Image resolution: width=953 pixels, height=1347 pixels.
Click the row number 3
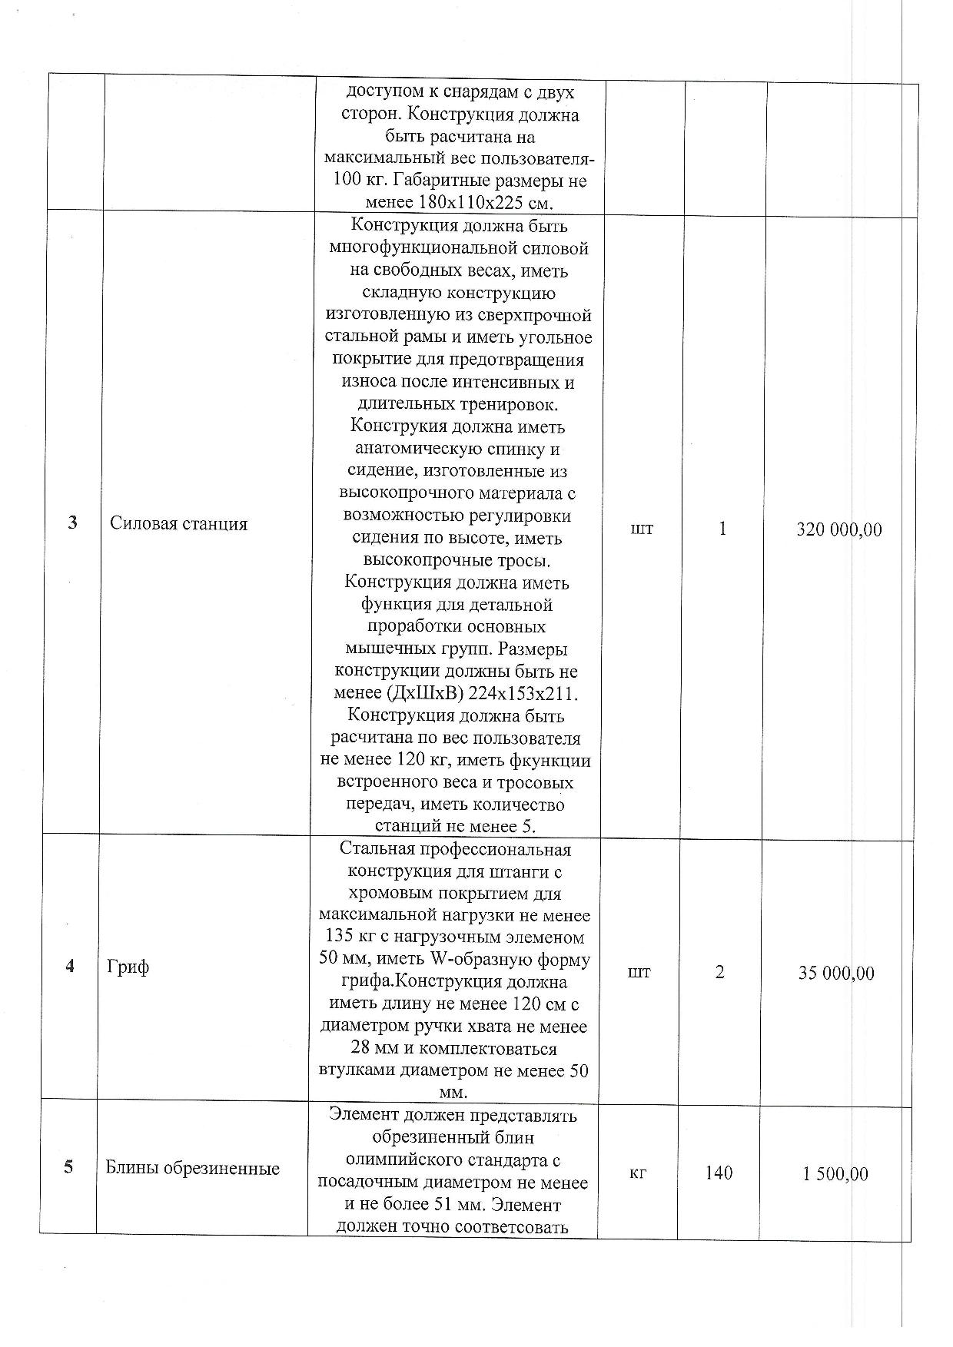pyautogui.click(x=72, y=523)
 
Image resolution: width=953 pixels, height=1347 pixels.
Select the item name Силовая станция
pyautogui.click(x=178, y=524)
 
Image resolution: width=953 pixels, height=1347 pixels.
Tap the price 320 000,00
pyautogui.click(x=839, y=529)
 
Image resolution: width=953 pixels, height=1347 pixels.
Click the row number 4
pyautogui.click(x=70, y=966)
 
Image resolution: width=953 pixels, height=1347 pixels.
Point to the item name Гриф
pyautogui.click(x=128, y=967)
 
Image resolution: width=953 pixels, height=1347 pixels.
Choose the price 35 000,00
pyautogui.click(x=836, y=974)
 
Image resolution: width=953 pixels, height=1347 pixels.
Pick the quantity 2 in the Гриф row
pyautogui.click(x=719, y=972)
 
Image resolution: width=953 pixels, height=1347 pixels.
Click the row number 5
pyautogui.click(x=68, y=1167)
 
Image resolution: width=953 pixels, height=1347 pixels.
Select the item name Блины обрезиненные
pyautogui.click(x=192, y=1169)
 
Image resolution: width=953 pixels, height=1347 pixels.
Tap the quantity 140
pyautogui.click(x=719, y=1173)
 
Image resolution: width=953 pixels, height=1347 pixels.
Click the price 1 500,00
pyautogui.click(x=835, y=1174)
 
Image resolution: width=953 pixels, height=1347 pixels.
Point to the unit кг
pyautogui.click(x=637, y=1173)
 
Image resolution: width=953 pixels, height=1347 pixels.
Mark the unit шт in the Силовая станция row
pyautogui.click(x=642, y=529)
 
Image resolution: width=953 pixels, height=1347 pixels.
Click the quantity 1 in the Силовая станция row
pyautogui.click(x=722, y=529)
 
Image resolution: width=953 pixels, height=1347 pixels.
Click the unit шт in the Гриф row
pyautogui.click(x=639, y=972)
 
